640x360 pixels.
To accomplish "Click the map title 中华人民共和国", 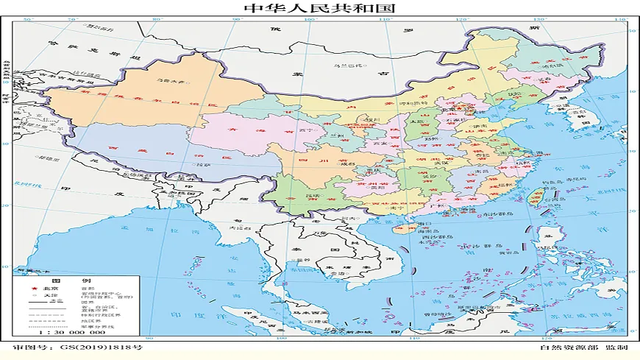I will tap(319, 8).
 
